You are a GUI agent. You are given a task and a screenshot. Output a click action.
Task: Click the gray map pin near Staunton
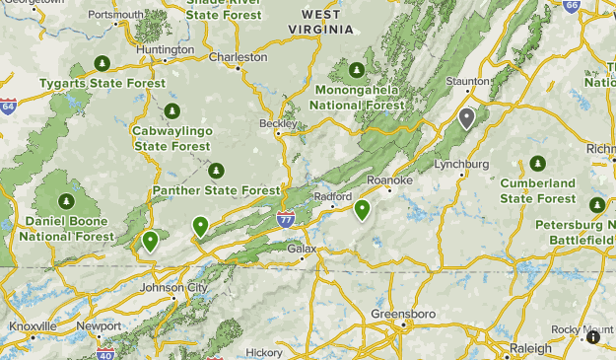point(467,117)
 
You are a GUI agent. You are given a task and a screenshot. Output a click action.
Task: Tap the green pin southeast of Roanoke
point(363,209)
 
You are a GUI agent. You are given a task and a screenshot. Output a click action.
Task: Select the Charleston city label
point(238,57)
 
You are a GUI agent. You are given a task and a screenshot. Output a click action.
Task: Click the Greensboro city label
point(402,314)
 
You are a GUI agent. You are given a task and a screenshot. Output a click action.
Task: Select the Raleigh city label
point(531,348)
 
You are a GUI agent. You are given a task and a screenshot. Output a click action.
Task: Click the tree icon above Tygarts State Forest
point(101,64)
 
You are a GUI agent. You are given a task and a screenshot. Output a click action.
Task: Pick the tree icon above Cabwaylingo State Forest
point(172,109)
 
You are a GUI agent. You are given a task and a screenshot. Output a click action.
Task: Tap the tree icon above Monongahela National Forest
point(356,71)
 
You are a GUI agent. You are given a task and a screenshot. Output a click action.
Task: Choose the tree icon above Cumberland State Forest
point(537,163)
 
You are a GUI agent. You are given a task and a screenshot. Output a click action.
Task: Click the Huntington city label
point(166,49)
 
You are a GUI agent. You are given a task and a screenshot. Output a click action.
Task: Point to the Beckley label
point(277,124)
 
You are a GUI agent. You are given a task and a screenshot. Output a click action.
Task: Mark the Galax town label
point(302,249)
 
